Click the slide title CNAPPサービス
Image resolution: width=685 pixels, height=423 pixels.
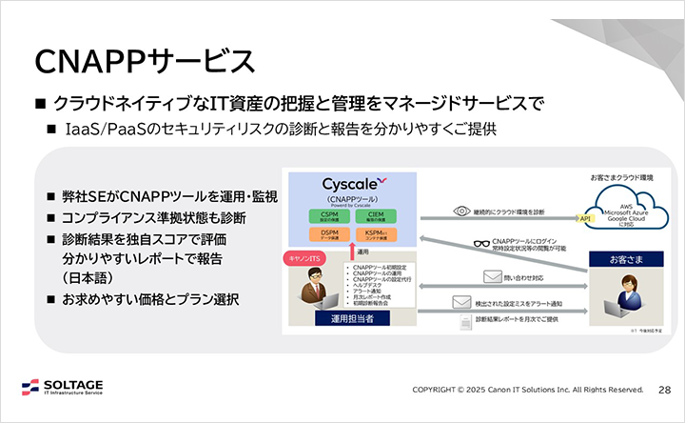[144, 60]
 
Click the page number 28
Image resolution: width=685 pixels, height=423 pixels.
[665, 390]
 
